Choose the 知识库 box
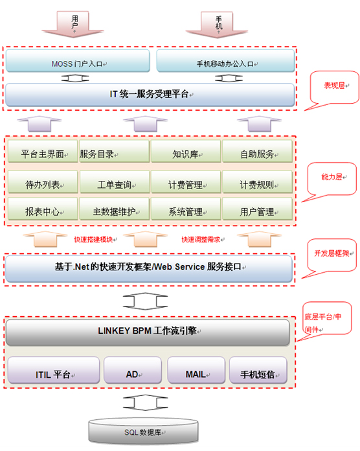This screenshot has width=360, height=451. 186,154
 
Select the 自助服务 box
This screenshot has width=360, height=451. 257,154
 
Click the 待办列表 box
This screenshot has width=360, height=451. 43,184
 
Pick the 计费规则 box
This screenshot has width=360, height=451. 257,184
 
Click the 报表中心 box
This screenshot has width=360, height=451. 43,211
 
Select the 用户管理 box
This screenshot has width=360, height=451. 257,211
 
